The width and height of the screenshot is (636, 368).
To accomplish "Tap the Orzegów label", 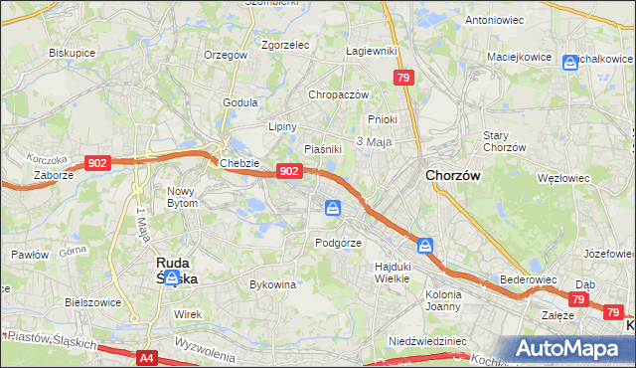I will point(225,56).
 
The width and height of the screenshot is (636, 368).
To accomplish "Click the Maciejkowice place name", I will point(520,57).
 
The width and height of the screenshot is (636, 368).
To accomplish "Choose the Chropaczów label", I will point(339,94).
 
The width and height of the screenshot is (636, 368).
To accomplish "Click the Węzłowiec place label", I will point(563,178).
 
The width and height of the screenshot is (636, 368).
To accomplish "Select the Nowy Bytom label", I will point(183,196).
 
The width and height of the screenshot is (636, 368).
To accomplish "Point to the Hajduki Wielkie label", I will point(393,273).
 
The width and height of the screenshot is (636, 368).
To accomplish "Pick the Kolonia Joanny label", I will point(443,300).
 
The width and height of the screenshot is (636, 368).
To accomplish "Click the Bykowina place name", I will point(273,284).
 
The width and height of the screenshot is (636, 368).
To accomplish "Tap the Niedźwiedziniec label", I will point(427,340).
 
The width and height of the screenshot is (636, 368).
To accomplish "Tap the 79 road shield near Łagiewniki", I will point(402,77).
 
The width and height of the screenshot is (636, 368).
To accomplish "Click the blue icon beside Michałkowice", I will point(570,63).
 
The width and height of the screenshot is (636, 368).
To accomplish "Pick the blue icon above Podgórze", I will point(332,208).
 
